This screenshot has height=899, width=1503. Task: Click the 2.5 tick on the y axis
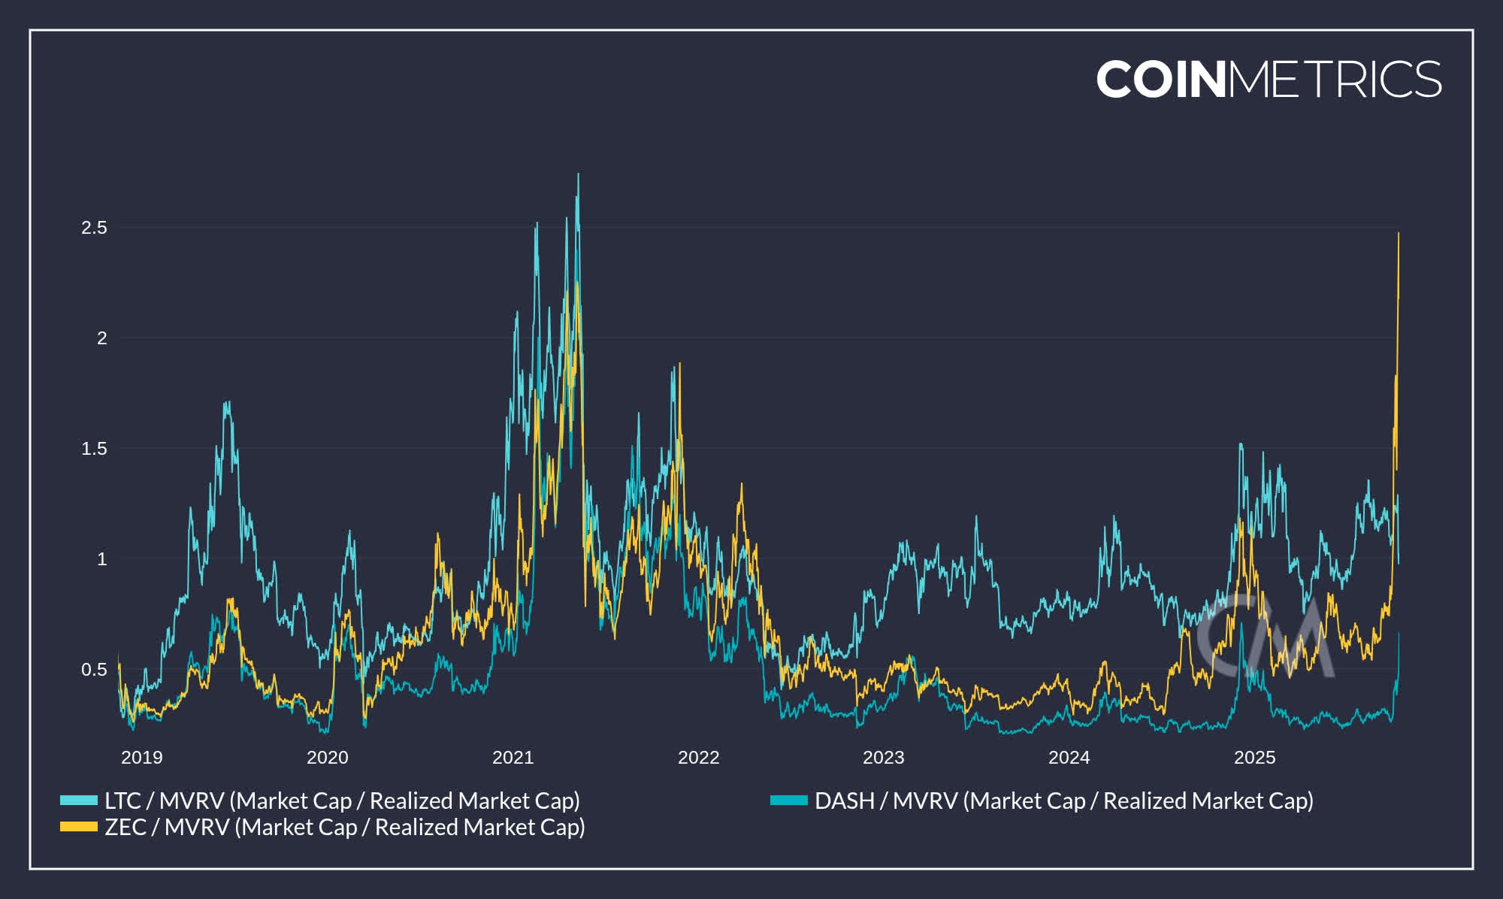point(94,228)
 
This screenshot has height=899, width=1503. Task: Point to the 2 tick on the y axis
point(101,338)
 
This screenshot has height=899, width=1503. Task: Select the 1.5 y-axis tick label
point(94,449)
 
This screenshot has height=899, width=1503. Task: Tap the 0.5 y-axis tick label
point(94,670)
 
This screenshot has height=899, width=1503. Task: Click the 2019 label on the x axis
point(141,758)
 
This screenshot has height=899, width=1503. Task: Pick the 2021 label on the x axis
point(513,758)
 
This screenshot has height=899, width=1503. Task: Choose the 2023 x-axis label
point(883,758)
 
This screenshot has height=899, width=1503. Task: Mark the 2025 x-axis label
point(1254,758)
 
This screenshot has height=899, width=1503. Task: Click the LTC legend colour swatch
point(79,801)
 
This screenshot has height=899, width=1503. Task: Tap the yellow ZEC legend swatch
point(79,827)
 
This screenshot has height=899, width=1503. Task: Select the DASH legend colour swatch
point(788,801)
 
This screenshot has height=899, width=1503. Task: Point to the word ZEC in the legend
point(125,828)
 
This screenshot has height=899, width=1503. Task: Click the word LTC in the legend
point(122,801)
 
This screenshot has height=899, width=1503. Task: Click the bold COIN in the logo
point(1161,80)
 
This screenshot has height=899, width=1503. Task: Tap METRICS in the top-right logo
point(1335,80)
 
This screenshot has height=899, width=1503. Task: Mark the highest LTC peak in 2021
point(578,175)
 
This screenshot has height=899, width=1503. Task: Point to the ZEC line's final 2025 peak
point(1398,234)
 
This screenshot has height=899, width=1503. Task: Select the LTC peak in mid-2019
point(226,403)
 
